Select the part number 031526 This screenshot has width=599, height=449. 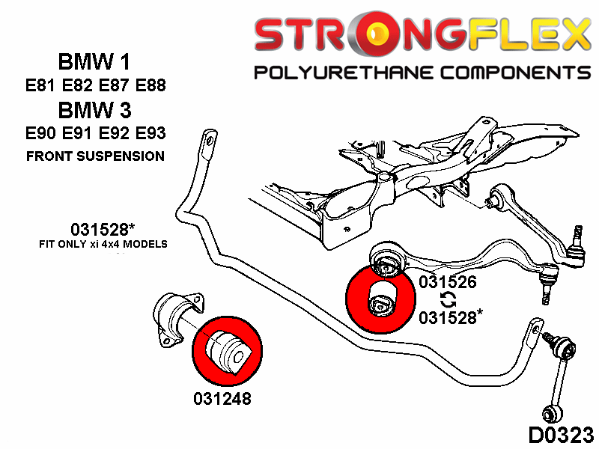point(448,282)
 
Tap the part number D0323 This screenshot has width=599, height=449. point(561,434)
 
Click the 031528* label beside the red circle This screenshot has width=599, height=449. point(450,317)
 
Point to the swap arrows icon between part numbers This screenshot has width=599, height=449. point(448,299)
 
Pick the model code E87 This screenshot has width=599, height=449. point(112,85)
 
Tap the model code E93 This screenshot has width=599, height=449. point(147,135)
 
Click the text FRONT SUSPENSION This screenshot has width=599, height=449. point(95,156)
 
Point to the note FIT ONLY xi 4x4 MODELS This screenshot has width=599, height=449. point(103,245)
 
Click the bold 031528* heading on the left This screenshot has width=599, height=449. point(96,230)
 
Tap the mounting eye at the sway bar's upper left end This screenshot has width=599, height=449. point(208,141)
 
